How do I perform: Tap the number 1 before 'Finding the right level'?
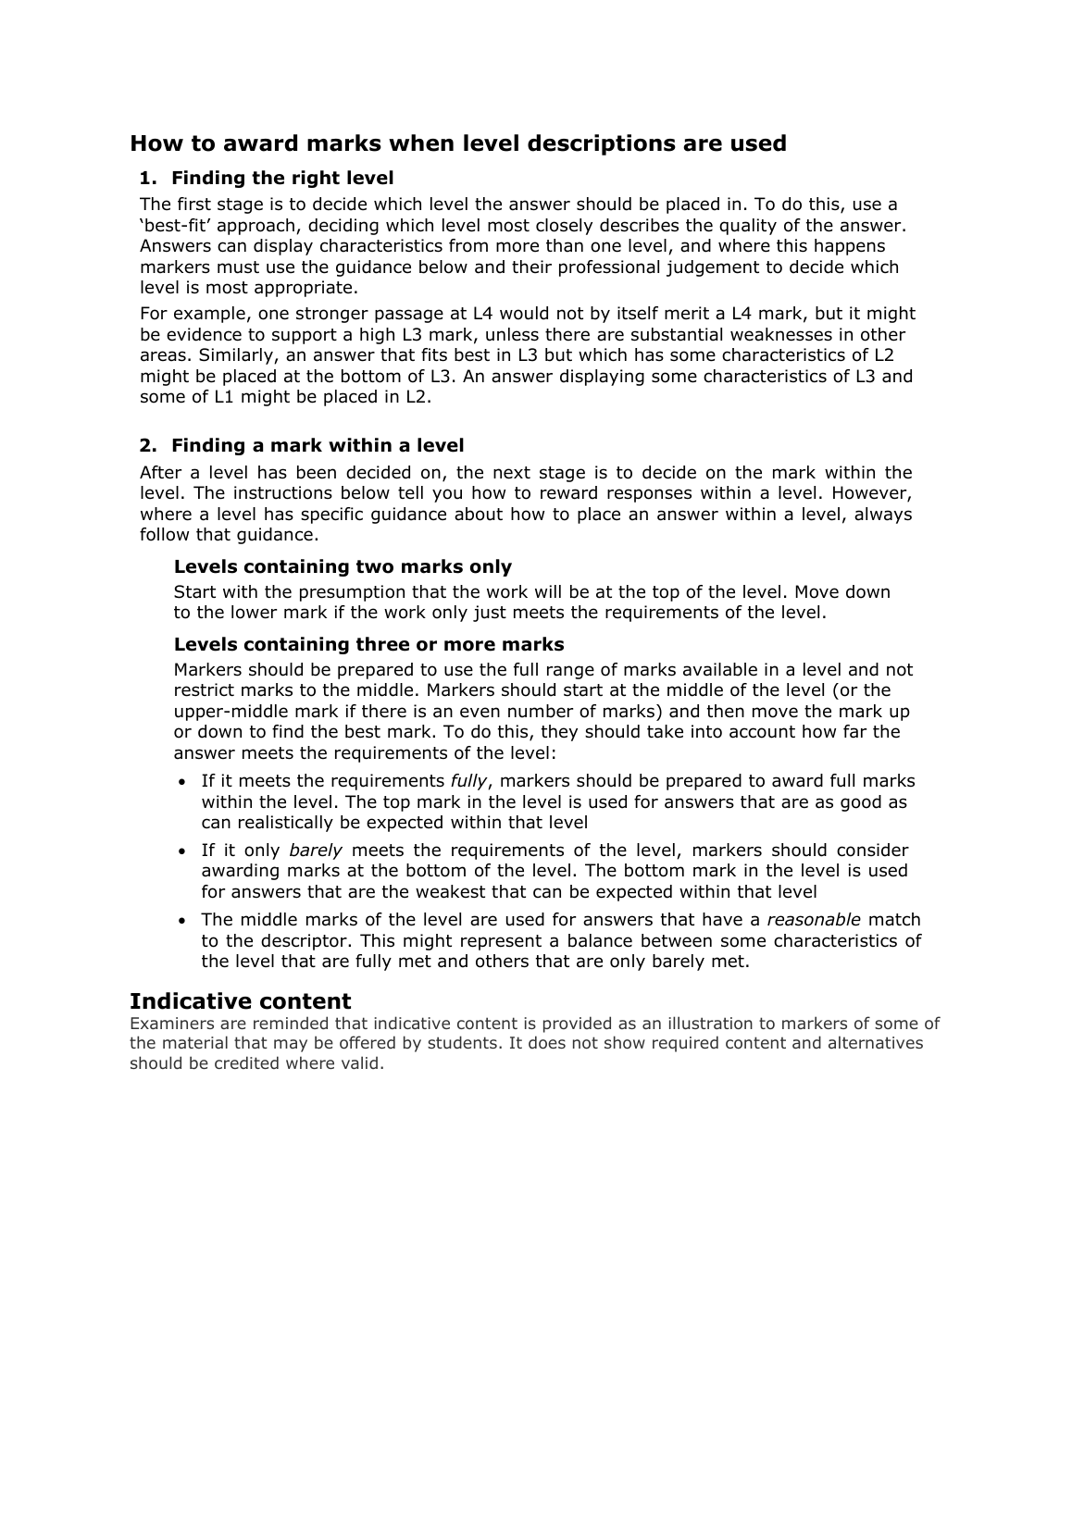tap(144, 178)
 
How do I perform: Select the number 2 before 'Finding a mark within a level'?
tap(145, 445)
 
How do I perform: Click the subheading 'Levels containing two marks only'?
tap(343, 566)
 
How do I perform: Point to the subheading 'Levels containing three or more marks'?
tap(368, 644)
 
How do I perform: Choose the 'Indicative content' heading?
tap(240, 1001)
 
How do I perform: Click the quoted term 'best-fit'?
tap(172, 226)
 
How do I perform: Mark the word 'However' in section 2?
tap(875, 493)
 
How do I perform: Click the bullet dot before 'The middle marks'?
tap(181, 921)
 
